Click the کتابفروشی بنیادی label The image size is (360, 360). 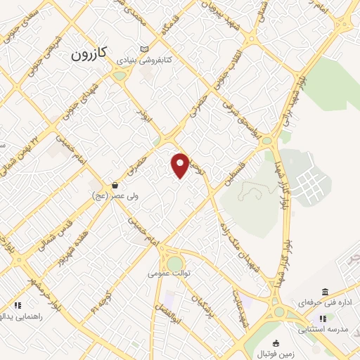click(x=145, y=60)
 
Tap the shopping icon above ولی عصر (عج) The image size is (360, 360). click(x=114, y=185)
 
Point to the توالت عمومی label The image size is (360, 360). click(x=169, y=271)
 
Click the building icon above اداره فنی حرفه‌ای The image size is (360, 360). click(x=324, y=292)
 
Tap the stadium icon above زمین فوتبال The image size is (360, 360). click(x=275, y=344)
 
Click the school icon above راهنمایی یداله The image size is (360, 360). click(x=18, y=305)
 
